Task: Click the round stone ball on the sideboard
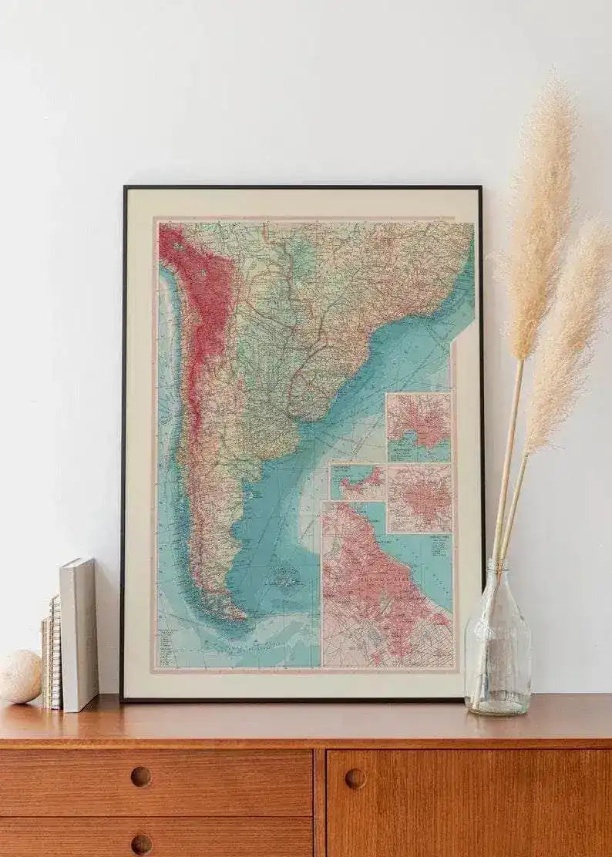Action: point(19,676)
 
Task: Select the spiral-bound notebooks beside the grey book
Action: point(52,651)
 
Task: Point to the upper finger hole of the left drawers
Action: point(141,776)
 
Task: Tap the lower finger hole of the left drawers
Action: point(141,844)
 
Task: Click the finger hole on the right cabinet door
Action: point(355,778)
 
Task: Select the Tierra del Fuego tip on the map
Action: point(231,613)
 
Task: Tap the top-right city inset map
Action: point(418,427)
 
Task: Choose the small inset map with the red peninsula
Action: point(357,481)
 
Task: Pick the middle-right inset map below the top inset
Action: point(419,498)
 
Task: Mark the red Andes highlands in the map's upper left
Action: point(193,285)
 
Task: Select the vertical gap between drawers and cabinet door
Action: point(319,802)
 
